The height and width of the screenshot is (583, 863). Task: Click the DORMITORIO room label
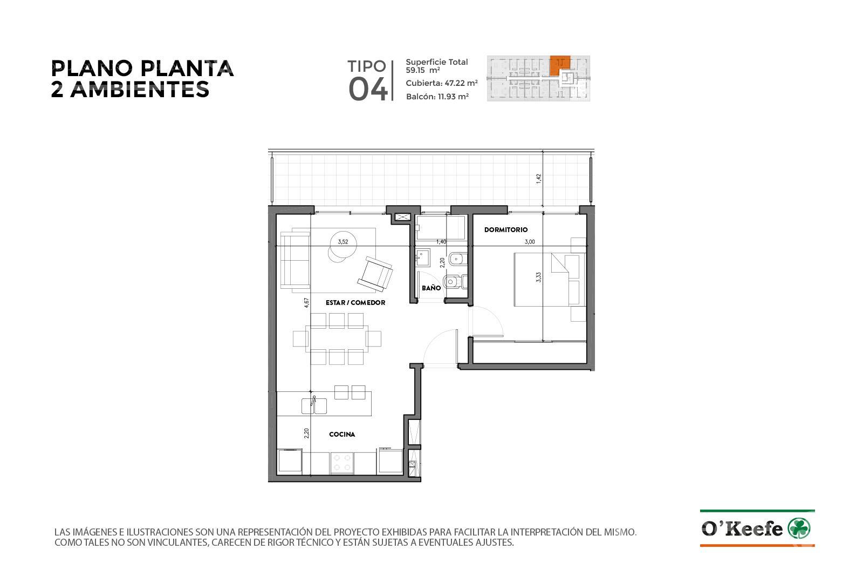(506, 230)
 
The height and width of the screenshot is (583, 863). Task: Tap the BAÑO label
(431, 288)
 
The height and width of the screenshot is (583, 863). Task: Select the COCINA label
(342, 435)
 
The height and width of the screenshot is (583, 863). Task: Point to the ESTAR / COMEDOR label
(355, 303)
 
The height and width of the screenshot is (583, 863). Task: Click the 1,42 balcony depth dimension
(539, 179)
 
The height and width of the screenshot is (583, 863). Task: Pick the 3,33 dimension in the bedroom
(538, 277)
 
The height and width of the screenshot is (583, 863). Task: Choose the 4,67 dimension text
(306, 302)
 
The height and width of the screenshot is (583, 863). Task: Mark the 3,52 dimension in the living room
(343, 242)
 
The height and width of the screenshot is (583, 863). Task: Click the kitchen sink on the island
(313, 405)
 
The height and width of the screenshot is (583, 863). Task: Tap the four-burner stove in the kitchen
(342, 463)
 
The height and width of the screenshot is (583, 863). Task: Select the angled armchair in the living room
(375, 274)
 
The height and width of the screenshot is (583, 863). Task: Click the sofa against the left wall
(296, 260)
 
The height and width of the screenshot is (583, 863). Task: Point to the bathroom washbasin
(423, 258)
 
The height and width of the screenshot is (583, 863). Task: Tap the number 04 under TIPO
(368, 90)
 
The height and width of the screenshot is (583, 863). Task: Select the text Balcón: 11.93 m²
(437, 97)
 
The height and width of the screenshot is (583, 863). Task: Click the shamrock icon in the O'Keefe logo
(799, 528)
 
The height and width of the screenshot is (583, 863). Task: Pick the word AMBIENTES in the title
(140, 90)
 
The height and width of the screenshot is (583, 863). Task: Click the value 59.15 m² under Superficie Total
(423, 70)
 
